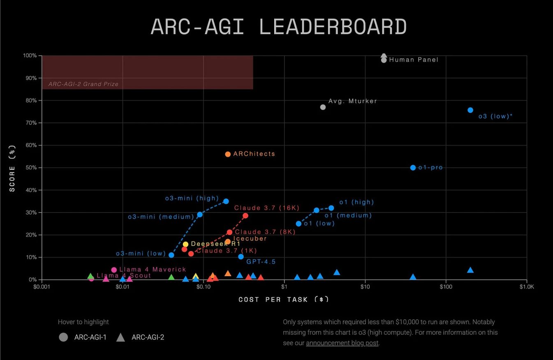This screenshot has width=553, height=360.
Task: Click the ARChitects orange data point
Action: (228, 154)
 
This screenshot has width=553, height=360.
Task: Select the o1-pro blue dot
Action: (413, 168)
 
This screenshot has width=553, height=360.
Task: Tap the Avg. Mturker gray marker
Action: (323, 107)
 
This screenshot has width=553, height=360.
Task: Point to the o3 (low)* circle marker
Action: (470, 110)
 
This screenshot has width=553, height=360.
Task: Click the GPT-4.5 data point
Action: (241, 257)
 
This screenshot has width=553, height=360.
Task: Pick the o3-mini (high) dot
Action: (226, 201)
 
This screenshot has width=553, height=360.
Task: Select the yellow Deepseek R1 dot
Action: (185, 244)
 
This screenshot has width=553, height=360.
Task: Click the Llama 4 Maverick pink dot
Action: (114, 270)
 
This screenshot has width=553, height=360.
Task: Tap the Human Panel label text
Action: (414, 60)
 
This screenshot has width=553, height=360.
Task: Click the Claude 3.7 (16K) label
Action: (267, 208)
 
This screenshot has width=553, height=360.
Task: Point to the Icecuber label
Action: (250, 238)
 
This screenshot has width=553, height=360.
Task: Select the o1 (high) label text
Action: (356, 202)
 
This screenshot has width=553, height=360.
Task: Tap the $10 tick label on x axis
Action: (365, 286)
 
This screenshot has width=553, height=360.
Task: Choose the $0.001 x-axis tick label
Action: (42, 286)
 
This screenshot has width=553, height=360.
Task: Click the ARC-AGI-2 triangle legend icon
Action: (120, 337)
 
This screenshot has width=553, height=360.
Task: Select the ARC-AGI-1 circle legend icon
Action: (63, 337)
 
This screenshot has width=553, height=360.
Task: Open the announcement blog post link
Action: (342, 343)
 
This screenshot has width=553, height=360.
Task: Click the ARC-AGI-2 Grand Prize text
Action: (83, 84)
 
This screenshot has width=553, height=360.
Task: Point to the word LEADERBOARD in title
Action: (333, 27)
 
